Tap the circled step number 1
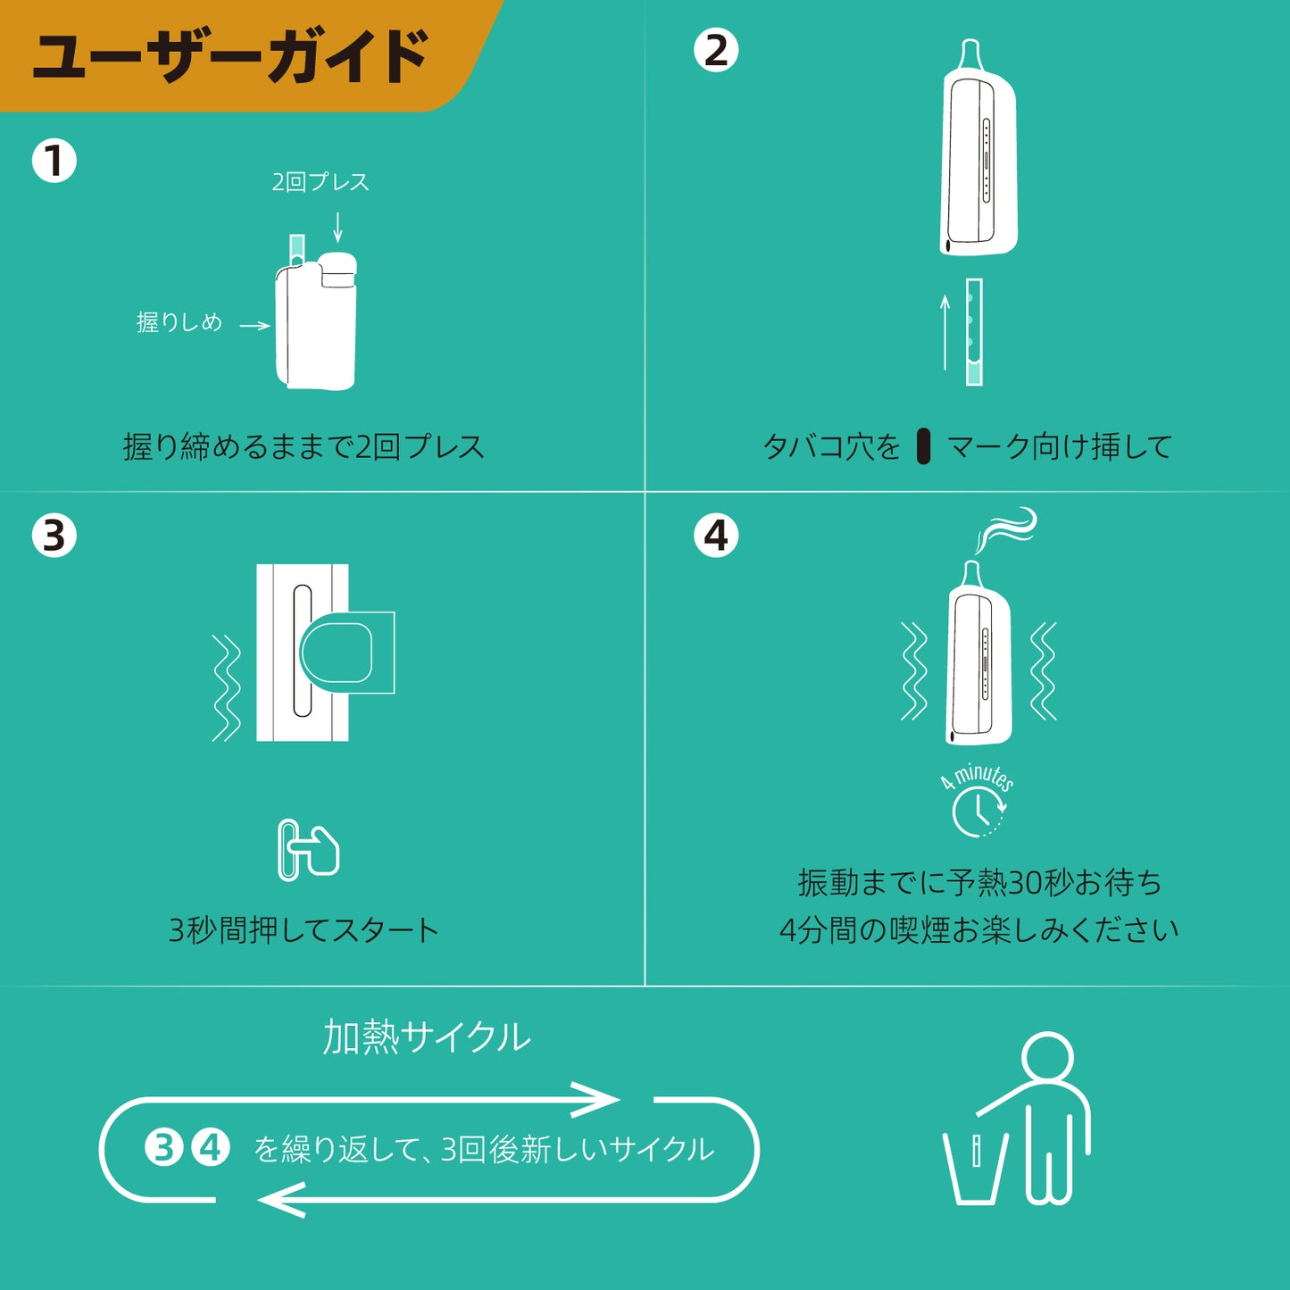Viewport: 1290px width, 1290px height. pyautogui.click(x=54, y=161)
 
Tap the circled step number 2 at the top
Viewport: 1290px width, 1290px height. pyautogui.click(x=716, y=49)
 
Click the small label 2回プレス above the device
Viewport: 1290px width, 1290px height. pyautogui.click(x=320, y=181)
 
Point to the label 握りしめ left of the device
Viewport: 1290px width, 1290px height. pyautogui.click(x=179, y=322)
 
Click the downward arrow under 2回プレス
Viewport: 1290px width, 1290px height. pyautogui.click(x=337, y=227)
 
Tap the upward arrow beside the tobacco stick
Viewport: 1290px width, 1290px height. pyautogui.click(x=945, y=332)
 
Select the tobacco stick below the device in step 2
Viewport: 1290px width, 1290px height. pyautogui.click(x=974, y=332)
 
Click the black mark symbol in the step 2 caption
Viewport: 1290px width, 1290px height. pyautogui.click(x=923, y=445)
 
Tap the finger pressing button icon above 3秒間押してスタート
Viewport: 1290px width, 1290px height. pyautogui.click(x=309, y=849)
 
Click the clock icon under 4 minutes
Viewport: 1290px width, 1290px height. pyautogui.click(x=978, y=812)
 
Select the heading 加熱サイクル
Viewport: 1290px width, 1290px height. pyautogui.click(x=427, y=1037)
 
